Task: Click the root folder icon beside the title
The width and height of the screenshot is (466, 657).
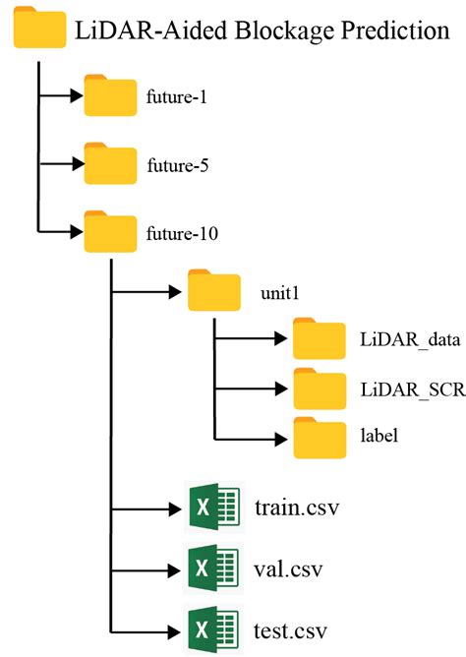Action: (x=37, y=32)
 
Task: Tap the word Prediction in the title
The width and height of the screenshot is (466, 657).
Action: (x=383, y=31)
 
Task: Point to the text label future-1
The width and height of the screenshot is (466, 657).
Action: (x=179, y=98)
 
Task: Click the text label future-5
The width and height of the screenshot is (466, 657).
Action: (x=179, y=165)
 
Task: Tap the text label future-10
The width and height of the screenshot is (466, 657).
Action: (x=183, y=233)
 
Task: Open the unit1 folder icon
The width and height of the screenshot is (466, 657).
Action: (x=213, y=292)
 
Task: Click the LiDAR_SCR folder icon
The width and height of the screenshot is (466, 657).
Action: (x=318, y=389)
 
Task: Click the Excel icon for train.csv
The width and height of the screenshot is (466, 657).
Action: (x=213, y=509)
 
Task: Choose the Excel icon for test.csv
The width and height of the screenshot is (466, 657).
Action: (x=213, y=627)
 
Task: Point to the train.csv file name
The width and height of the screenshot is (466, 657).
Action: (x=296, y=509)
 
